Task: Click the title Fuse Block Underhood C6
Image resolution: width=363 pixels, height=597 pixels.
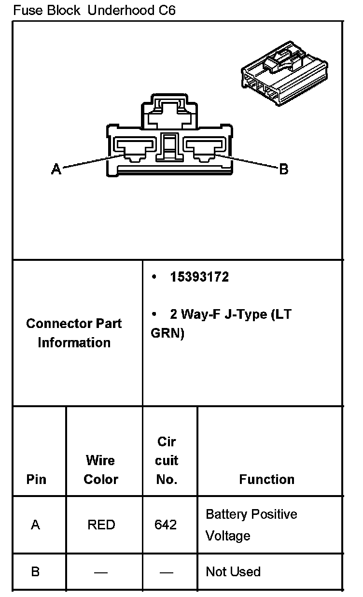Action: click(94, 11)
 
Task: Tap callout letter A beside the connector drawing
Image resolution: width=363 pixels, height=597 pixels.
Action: click(56, 169)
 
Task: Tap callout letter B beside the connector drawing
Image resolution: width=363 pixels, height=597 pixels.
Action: click(284, 169)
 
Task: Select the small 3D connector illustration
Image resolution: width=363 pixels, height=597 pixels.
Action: click(284, 72)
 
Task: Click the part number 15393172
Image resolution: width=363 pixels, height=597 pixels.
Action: click(199, 277)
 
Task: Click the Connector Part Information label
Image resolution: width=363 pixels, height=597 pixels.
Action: click(74, 333)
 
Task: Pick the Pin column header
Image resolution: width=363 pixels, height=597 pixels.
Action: click(37, 479)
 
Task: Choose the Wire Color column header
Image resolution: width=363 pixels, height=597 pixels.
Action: click(101, 469)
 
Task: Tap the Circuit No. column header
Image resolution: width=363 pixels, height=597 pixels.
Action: click(167, 460)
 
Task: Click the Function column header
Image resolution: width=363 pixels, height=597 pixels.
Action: click(266, 479)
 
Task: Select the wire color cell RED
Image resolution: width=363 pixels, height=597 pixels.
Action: click(101, 525)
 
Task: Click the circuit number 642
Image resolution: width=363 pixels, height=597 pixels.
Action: click(166, 525)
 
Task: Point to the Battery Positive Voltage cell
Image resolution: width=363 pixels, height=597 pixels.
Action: click(251, 525)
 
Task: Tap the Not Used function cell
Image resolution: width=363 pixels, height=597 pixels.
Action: click(233, 572)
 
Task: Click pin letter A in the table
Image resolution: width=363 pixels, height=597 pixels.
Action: click(35, 525)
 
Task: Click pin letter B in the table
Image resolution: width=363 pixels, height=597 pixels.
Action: click(35, 572)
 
